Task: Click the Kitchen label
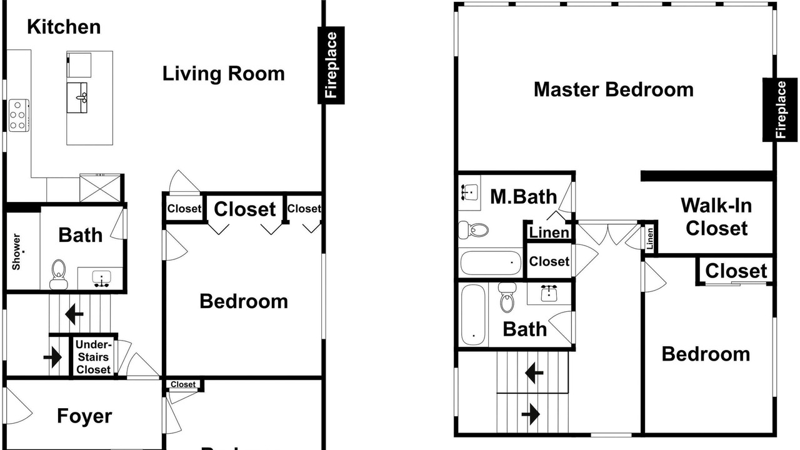tap(64, 27)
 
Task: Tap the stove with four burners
tap(19, 116)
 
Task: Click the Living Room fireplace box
tap(331, 65)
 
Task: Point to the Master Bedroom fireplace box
tap(781, 109)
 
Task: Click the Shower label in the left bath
tap(16, 252)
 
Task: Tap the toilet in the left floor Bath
tap(59, 274)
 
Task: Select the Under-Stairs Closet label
tap(93, 357)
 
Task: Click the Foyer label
tap(84, 416)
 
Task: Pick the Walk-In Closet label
tap(716, 217)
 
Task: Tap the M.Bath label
tap(524, 197)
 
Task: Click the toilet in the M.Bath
tap(473, 229)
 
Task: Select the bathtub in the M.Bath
tap(491, 263)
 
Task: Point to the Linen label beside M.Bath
tap(549, 232)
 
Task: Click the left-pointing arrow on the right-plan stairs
tap(534, 373)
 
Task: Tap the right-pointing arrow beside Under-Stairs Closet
tap(52, 357)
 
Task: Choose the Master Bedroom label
tap(614, 89)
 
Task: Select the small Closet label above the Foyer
tap(183, 384)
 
